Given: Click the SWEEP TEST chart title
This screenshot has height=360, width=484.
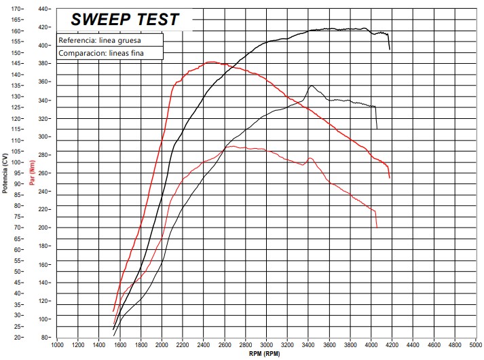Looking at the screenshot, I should (126, 20).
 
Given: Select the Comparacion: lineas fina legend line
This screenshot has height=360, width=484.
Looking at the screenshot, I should (109, 53).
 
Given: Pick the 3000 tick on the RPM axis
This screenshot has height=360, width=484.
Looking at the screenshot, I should (267, 345).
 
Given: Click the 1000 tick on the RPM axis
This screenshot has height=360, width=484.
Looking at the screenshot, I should (58, 345).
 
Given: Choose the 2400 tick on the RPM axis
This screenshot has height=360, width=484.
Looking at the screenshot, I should (204, 345).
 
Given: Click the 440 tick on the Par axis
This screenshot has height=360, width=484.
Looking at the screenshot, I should (45, 9).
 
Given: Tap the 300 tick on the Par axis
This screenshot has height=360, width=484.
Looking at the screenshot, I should (45, 137).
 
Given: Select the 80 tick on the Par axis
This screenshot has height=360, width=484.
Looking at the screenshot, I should (46, 337).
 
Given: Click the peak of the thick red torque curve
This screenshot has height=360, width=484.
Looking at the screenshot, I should (210, 62).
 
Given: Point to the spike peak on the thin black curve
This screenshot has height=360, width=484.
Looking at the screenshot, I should (311, 86).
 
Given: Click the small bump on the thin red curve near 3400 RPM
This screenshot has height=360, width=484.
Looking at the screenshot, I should (310, 158).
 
